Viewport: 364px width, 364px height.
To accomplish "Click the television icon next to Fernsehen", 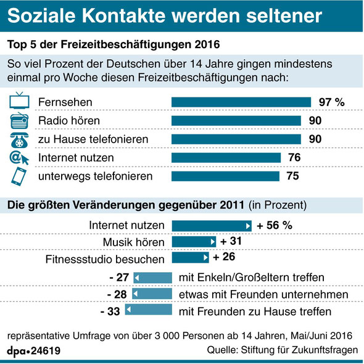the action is pos(19,101).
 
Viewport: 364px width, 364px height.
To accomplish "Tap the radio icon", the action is pos(19,120).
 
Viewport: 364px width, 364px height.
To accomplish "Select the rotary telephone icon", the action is pos(19,140).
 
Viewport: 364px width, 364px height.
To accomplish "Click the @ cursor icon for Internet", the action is pos(19,158).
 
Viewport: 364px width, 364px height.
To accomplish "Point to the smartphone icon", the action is pos(19,176).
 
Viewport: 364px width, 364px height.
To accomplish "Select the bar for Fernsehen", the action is pos(241,102).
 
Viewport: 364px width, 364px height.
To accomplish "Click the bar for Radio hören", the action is pos(236,121).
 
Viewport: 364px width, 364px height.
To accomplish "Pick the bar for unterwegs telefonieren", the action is pos(225,176).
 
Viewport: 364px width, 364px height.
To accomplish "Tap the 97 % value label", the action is pos(332,102).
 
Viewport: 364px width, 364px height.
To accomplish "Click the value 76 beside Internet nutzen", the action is pos(294,157).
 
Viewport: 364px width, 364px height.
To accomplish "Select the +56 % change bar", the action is pos(212,226).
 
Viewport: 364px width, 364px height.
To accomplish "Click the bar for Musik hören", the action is pos(194,242).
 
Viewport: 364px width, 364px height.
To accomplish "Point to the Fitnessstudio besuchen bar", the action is pos(191,257).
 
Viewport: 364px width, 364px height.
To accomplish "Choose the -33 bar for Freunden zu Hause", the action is pos(149,310).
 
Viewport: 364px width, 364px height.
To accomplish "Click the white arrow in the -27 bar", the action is pos(137,278).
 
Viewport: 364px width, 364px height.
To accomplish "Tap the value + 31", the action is pos(231,241).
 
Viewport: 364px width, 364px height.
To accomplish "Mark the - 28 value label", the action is pos(117,294).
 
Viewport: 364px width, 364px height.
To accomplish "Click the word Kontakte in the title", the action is pos(124,16).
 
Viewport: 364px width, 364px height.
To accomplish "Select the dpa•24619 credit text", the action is pos(34,351).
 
